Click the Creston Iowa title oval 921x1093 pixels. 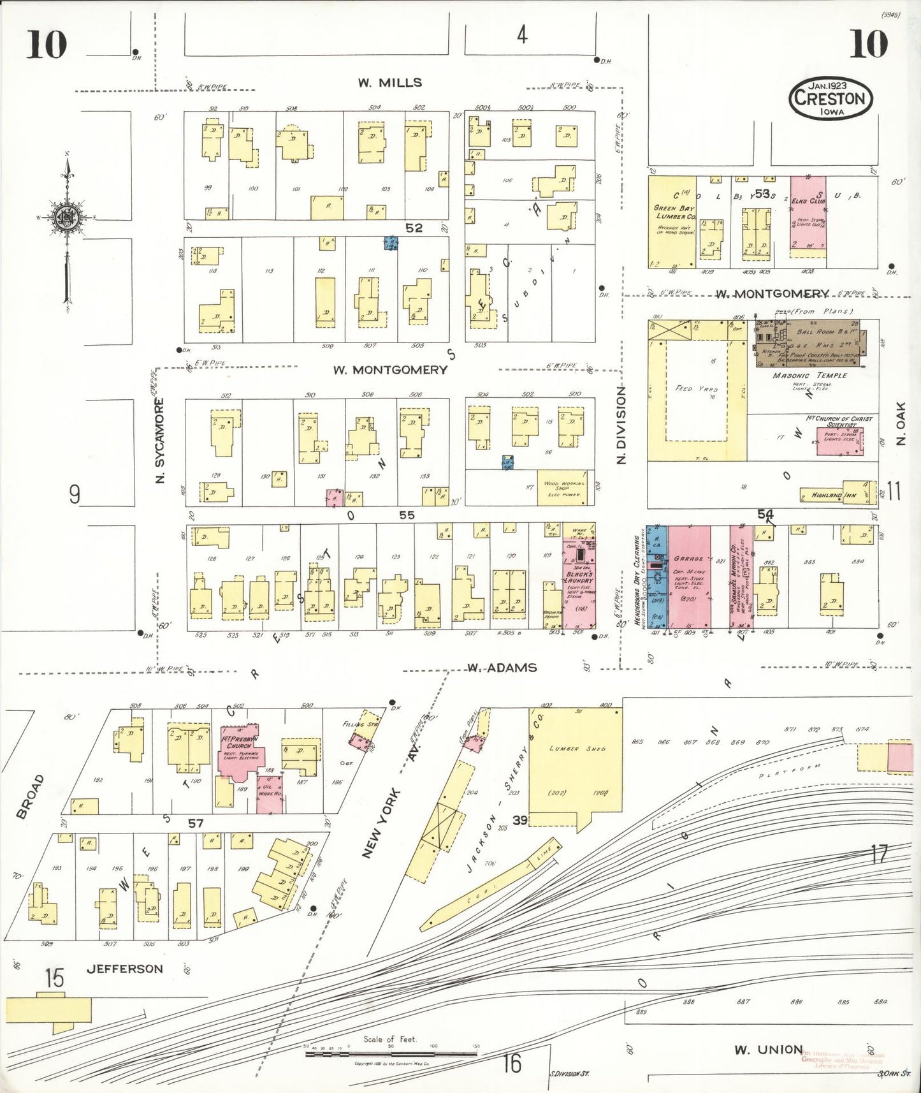830,98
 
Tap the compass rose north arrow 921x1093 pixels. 66,217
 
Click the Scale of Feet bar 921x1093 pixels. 391,1054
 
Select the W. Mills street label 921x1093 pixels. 389,82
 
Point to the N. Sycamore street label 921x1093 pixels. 161,440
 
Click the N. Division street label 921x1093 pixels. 621,425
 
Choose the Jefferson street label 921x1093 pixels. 125,969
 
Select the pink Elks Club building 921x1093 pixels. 808,217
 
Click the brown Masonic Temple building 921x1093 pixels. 808,343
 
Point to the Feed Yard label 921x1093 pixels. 697,388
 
